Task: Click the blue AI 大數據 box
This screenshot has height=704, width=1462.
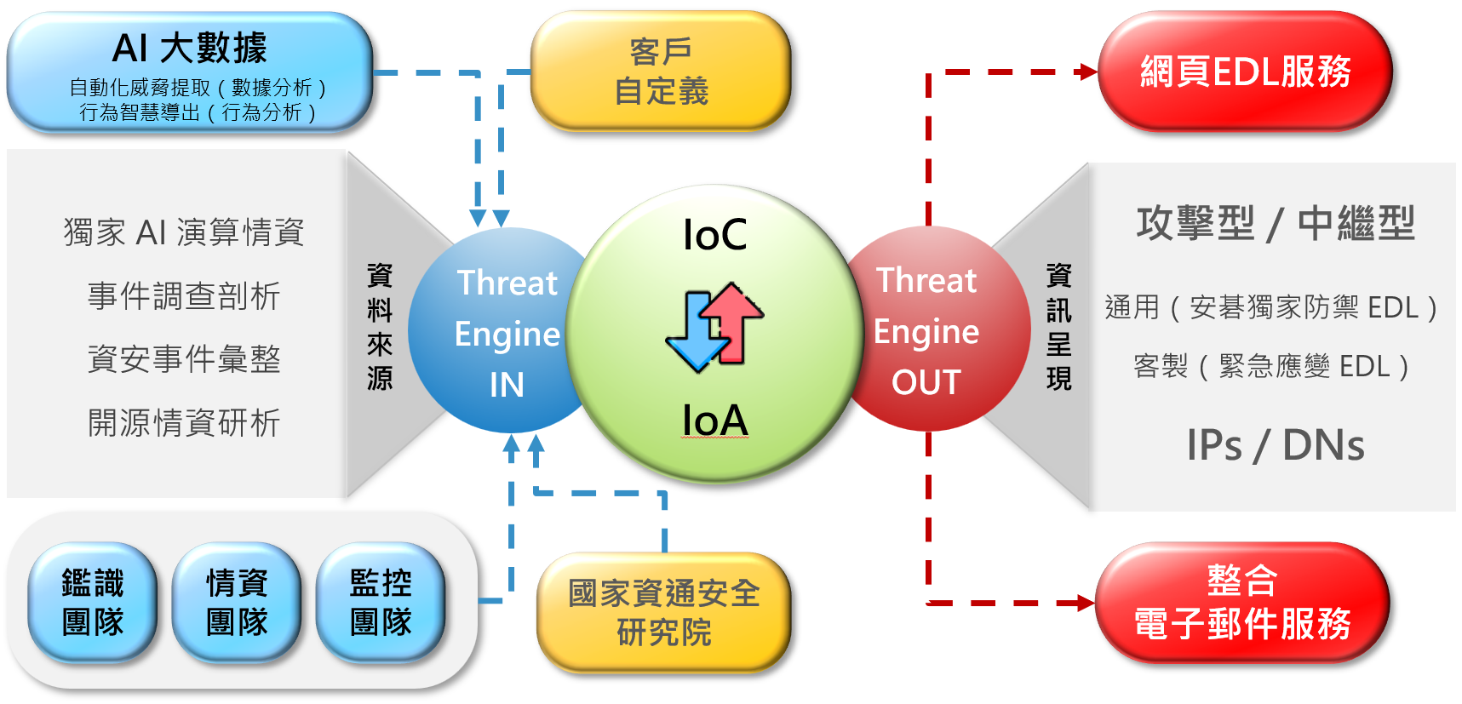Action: pos(190,72)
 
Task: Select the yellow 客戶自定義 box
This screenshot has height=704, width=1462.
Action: pos(661,72)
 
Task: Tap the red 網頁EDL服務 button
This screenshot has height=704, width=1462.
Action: pos(1245,72)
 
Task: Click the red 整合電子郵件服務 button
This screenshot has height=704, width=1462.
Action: pos(1242,603)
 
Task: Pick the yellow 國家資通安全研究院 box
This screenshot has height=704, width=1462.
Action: pos(663,612)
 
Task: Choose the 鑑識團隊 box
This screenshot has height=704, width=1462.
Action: pos(93,603)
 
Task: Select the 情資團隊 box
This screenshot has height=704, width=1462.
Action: pos(237,603)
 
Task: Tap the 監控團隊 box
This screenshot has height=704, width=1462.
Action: pos(381,603)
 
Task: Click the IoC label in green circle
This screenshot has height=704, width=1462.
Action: pos(715,235)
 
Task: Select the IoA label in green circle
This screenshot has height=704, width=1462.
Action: pos(715,421)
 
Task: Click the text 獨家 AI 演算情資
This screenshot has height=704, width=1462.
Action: pos(184,232)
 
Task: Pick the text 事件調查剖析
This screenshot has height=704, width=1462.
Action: pos(184,296)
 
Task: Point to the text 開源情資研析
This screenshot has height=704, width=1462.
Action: pos(184,423)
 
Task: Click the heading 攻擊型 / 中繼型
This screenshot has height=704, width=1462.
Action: pos(1275,224)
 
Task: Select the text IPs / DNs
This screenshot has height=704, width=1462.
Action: pos(1275,445)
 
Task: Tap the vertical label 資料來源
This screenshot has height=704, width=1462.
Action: pos(380,326)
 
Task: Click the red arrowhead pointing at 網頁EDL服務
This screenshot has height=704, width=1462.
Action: pos(1087,72)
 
